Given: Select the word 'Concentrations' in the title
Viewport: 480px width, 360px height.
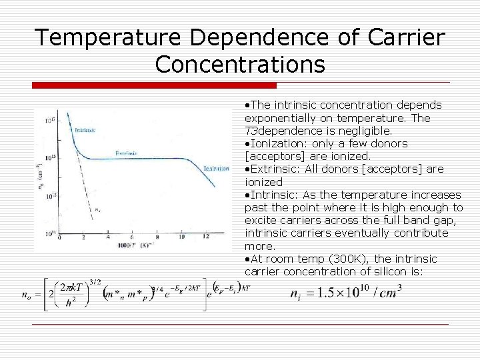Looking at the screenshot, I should pyautogui.click(x=240, y=65).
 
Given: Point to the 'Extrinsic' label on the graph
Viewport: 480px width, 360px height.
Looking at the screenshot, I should pyautogui.click(x=127, y=153).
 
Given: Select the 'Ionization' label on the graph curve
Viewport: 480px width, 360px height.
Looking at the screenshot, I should pyautogui.click(x=216, y=168).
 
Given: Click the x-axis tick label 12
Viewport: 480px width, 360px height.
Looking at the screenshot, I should pyautogui.click(x=206, y=237).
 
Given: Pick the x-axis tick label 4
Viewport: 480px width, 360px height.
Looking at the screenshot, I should pyautogui.click(x=108, y=237).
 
